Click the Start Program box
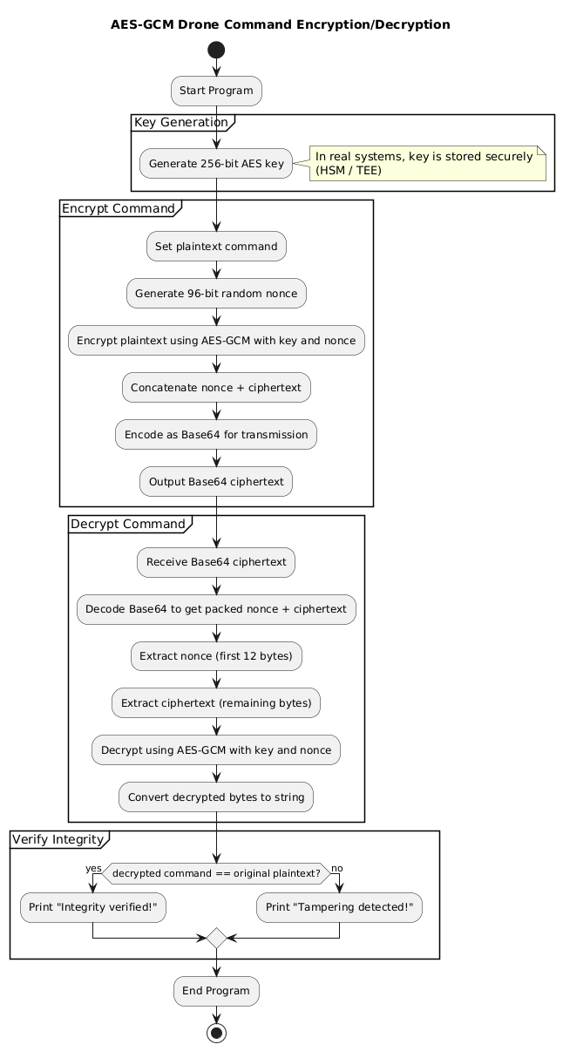pos(216,91)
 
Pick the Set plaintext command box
pos(216,246)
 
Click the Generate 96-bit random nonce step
pos(216,293)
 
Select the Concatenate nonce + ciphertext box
pos(216,387)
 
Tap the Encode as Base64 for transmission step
pos(216,434)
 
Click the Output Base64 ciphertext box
pos(216,481)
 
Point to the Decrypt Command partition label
pos(128,524)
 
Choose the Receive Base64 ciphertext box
pos(216,562)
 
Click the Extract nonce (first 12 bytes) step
pos(216,656)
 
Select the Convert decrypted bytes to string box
pos(216,796)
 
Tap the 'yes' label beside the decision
pos(93,868)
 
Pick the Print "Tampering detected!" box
pos(339,908)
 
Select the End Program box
pos(216,991)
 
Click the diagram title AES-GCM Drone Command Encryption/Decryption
pos(281,24)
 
